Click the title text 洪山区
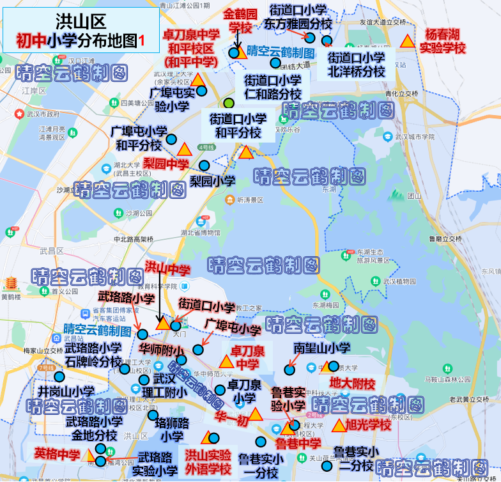point(81,22)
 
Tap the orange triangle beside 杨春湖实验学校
point(407,41)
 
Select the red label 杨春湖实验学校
point(442,41)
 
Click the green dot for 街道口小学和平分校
point(229,104)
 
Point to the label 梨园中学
point(166,164)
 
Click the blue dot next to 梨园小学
point(204,166)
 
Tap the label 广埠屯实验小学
point(169,99)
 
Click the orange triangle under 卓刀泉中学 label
point(226,362)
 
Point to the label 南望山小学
point(322,348)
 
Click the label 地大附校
point(352,384)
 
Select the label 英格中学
point(58,453)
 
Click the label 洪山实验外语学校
point(208,462)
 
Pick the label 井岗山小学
point(66,391)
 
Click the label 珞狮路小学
point(173,430)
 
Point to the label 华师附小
point(162,350)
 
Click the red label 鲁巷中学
point(298,442)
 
